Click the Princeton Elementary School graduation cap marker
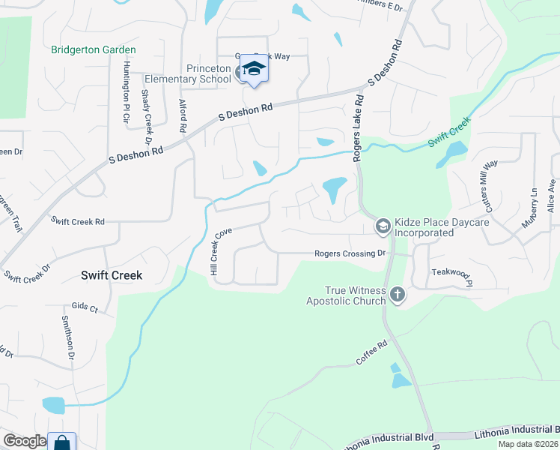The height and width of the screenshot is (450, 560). (254, 69)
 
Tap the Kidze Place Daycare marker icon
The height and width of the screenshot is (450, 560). (383, 226)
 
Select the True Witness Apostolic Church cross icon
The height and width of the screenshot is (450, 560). (398, 295)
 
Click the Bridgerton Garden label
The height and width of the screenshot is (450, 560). (94, 50)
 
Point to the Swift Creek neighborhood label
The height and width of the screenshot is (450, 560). (112, 275)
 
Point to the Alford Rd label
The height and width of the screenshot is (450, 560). (182, 116)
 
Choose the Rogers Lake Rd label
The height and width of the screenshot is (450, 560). (359, 127)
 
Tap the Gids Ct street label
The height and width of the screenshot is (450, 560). (85, 308)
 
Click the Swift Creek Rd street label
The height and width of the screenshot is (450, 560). (78, 221)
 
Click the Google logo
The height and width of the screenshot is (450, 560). (25, 441)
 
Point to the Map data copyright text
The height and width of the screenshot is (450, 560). (527, 444)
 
